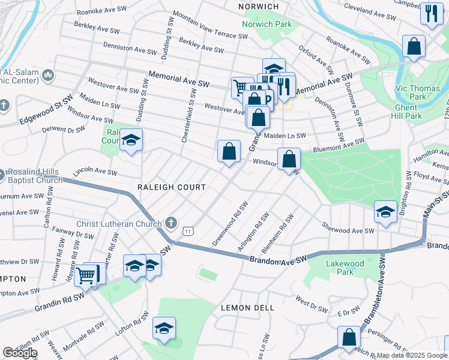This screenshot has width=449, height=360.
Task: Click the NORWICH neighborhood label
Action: point(259,7)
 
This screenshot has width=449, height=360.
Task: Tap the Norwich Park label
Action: point(267,25)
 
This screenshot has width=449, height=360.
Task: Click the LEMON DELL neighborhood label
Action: point(247,308)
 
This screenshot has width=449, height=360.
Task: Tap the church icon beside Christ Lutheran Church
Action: point(171,223)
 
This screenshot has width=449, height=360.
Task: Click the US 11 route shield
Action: point(188,231)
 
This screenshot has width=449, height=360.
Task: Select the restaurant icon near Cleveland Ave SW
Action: point(430,15)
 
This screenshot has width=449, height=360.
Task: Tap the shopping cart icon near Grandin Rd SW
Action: point(87,277)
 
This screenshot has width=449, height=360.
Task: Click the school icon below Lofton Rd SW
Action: point(163,329)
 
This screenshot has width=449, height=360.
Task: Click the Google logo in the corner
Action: point(20,353)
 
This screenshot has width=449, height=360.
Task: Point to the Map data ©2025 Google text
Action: point(411,355)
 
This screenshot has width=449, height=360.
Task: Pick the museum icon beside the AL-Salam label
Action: point(49,75)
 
